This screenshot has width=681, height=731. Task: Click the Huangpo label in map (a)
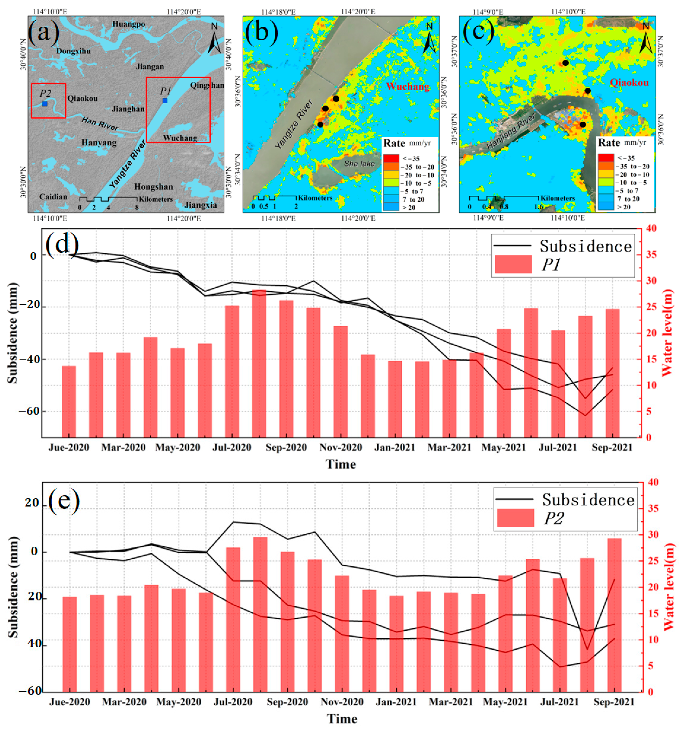129,24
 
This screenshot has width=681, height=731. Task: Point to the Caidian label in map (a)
53,197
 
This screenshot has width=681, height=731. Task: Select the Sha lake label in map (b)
359,164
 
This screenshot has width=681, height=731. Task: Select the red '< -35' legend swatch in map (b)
391,158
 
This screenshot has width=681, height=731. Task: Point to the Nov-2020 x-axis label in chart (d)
340,447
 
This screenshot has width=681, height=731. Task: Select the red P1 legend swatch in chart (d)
513,264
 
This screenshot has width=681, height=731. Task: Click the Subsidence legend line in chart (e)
514,499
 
